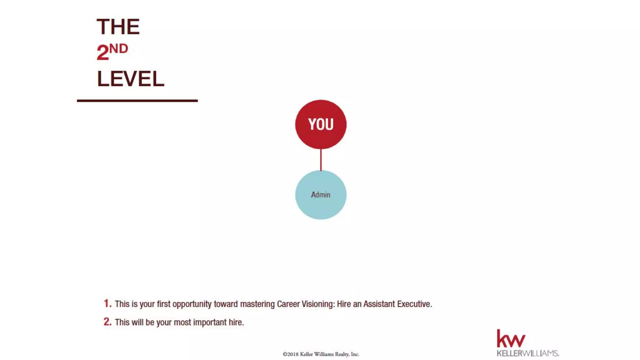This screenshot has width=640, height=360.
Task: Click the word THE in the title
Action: (x=118, y=27)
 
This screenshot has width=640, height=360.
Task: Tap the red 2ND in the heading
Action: (x=112, y=52)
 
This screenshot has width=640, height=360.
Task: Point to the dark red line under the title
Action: (x=137, y=101)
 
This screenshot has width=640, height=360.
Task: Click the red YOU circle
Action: (x=321, y=124)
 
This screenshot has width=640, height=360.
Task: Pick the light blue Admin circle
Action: (x=321, y=195)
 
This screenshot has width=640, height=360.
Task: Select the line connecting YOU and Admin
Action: (x=321, y=160)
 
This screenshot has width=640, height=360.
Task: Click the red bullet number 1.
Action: (x=107, y=303)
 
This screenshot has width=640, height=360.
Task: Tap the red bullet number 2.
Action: (x=107, y=322)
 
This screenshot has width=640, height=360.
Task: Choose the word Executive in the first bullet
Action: (x=414, y=304)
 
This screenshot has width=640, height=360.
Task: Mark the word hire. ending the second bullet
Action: (x=236, y=322)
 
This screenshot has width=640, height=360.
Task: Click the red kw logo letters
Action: (x=511, y=339)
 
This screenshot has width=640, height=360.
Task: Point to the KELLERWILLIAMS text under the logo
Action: (x=527, y=353)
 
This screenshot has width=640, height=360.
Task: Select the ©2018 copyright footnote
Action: (x=321, y=354)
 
